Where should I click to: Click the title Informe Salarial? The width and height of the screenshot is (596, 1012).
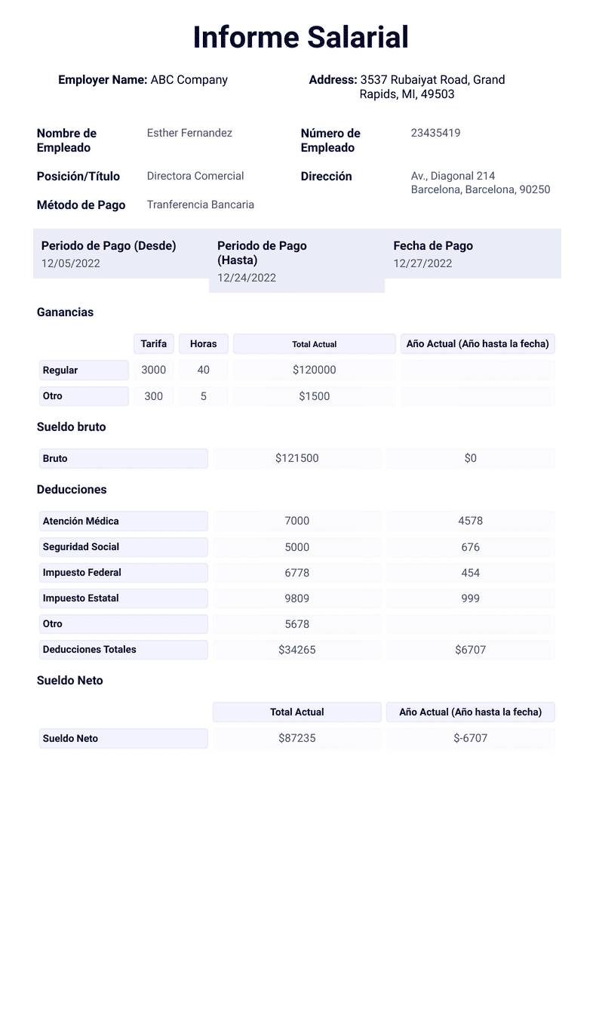(300, 37)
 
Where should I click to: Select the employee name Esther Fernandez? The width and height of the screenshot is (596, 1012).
(189, 133)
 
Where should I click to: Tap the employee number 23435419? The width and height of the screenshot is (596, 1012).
(435, 133)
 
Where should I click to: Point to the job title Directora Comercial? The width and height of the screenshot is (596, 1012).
(195, 176)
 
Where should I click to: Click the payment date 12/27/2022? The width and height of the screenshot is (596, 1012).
(422, 263)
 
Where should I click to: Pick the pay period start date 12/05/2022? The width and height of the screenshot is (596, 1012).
(71, 263)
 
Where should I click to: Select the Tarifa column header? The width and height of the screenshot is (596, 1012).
(154, 344)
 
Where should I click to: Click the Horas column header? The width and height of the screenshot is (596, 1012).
(203, 344)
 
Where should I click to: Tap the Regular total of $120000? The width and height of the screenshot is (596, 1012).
(314, 371)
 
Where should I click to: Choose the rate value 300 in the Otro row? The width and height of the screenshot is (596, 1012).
(153, 396)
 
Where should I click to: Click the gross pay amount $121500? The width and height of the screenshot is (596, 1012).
(296, 458)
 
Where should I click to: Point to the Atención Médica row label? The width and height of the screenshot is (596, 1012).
(81, 521)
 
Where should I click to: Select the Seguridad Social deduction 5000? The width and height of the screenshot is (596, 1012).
(296, 547)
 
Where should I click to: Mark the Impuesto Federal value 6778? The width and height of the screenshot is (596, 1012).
(296, 573)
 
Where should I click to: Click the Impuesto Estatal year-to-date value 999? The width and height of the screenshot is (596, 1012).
(470, 598)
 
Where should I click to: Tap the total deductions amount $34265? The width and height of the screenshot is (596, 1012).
(296, 650)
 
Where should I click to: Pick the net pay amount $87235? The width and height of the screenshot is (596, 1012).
(296, 739)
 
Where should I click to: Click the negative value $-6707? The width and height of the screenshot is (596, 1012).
(470, 739)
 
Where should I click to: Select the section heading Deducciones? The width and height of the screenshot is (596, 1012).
(72, 490)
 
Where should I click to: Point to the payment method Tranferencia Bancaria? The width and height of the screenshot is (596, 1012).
(200, 205)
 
